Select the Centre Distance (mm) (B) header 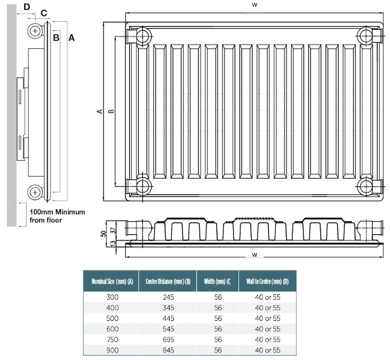coord(168,281)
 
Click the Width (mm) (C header coord(218,281)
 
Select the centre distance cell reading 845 coord(168,350)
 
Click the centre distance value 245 coord(168,297)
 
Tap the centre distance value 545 coord(168,329)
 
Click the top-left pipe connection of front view coord(142,36)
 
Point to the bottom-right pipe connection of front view coord(367,186)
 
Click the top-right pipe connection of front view coord(367,36)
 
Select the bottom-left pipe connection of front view coord(142,186)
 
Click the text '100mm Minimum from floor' coord(57,216)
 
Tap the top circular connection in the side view coord(35,31)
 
